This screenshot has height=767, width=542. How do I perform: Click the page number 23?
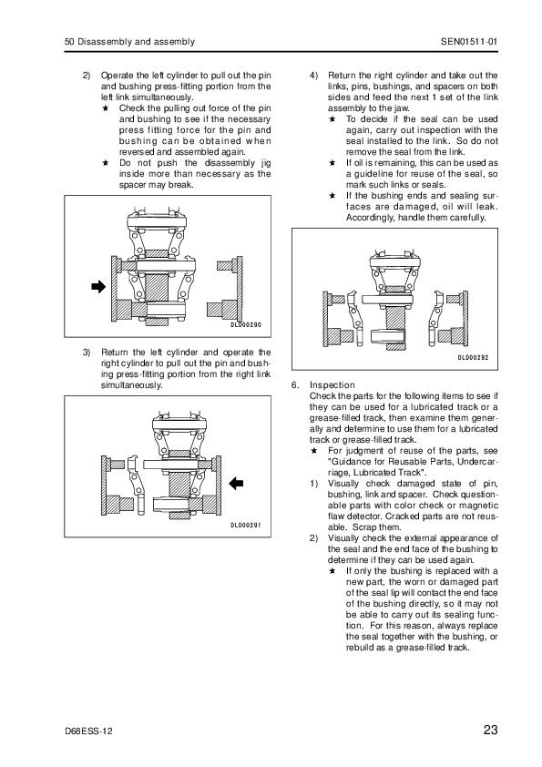(490, 730)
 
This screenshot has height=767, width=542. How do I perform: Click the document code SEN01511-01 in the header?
(469, 42)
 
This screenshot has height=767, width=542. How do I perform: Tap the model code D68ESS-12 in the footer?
(88, 731)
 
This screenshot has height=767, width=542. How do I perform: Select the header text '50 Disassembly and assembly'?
(129, 42)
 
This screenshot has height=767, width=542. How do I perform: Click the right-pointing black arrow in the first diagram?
(98, 286)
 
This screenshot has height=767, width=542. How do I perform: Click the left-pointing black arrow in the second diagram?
(236, 484)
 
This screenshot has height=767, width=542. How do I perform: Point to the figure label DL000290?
(246, 325)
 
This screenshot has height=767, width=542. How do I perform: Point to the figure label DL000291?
(246, 526)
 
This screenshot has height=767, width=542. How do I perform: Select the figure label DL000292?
(473, 358)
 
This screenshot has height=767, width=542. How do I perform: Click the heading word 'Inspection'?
(332, 385)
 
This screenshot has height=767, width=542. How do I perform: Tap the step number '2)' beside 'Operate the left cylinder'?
(87, 76)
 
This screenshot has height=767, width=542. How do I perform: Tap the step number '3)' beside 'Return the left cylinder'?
(87, 353)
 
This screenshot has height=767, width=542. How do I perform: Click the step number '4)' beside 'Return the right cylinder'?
(313, 76)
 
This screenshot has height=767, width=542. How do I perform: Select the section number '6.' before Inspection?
(295, 385)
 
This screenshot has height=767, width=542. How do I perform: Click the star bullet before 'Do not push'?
(105, 163)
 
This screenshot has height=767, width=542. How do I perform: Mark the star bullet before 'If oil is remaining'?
(332, 163)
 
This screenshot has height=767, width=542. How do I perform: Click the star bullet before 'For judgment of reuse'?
(314, 451)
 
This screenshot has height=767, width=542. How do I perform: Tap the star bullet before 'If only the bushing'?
(332, 571)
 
